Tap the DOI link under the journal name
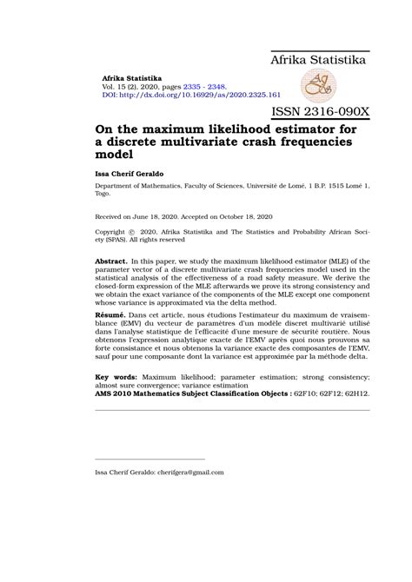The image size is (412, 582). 191,94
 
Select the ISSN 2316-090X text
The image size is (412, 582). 321,112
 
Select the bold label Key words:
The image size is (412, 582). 116,378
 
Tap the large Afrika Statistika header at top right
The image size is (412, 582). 318,60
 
